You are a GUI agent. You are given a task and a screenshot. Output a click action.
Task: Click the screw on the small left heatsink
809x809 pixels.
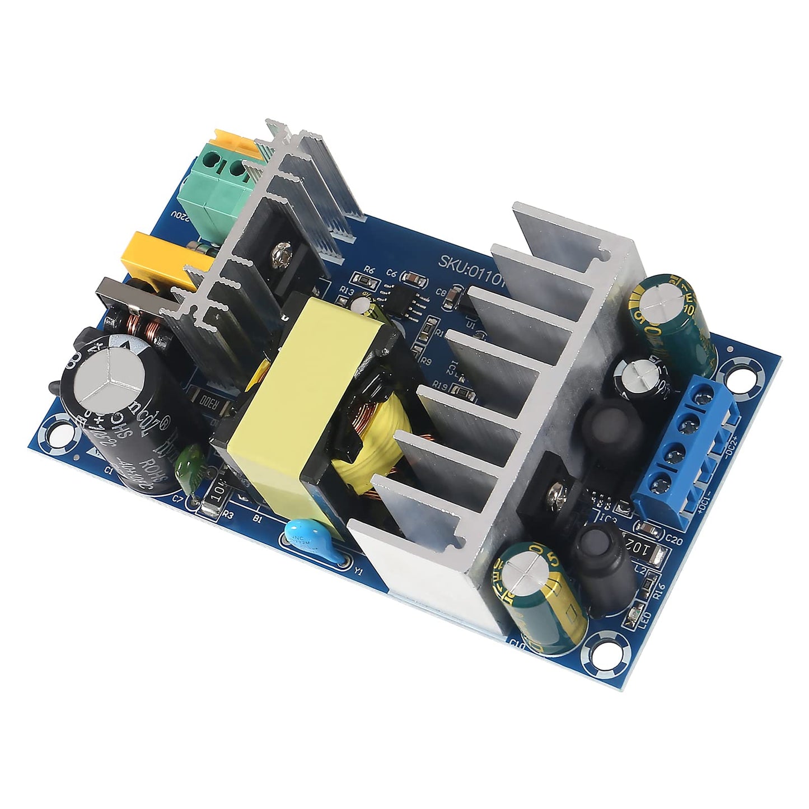pyautogui.click(x=278, y=256)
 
